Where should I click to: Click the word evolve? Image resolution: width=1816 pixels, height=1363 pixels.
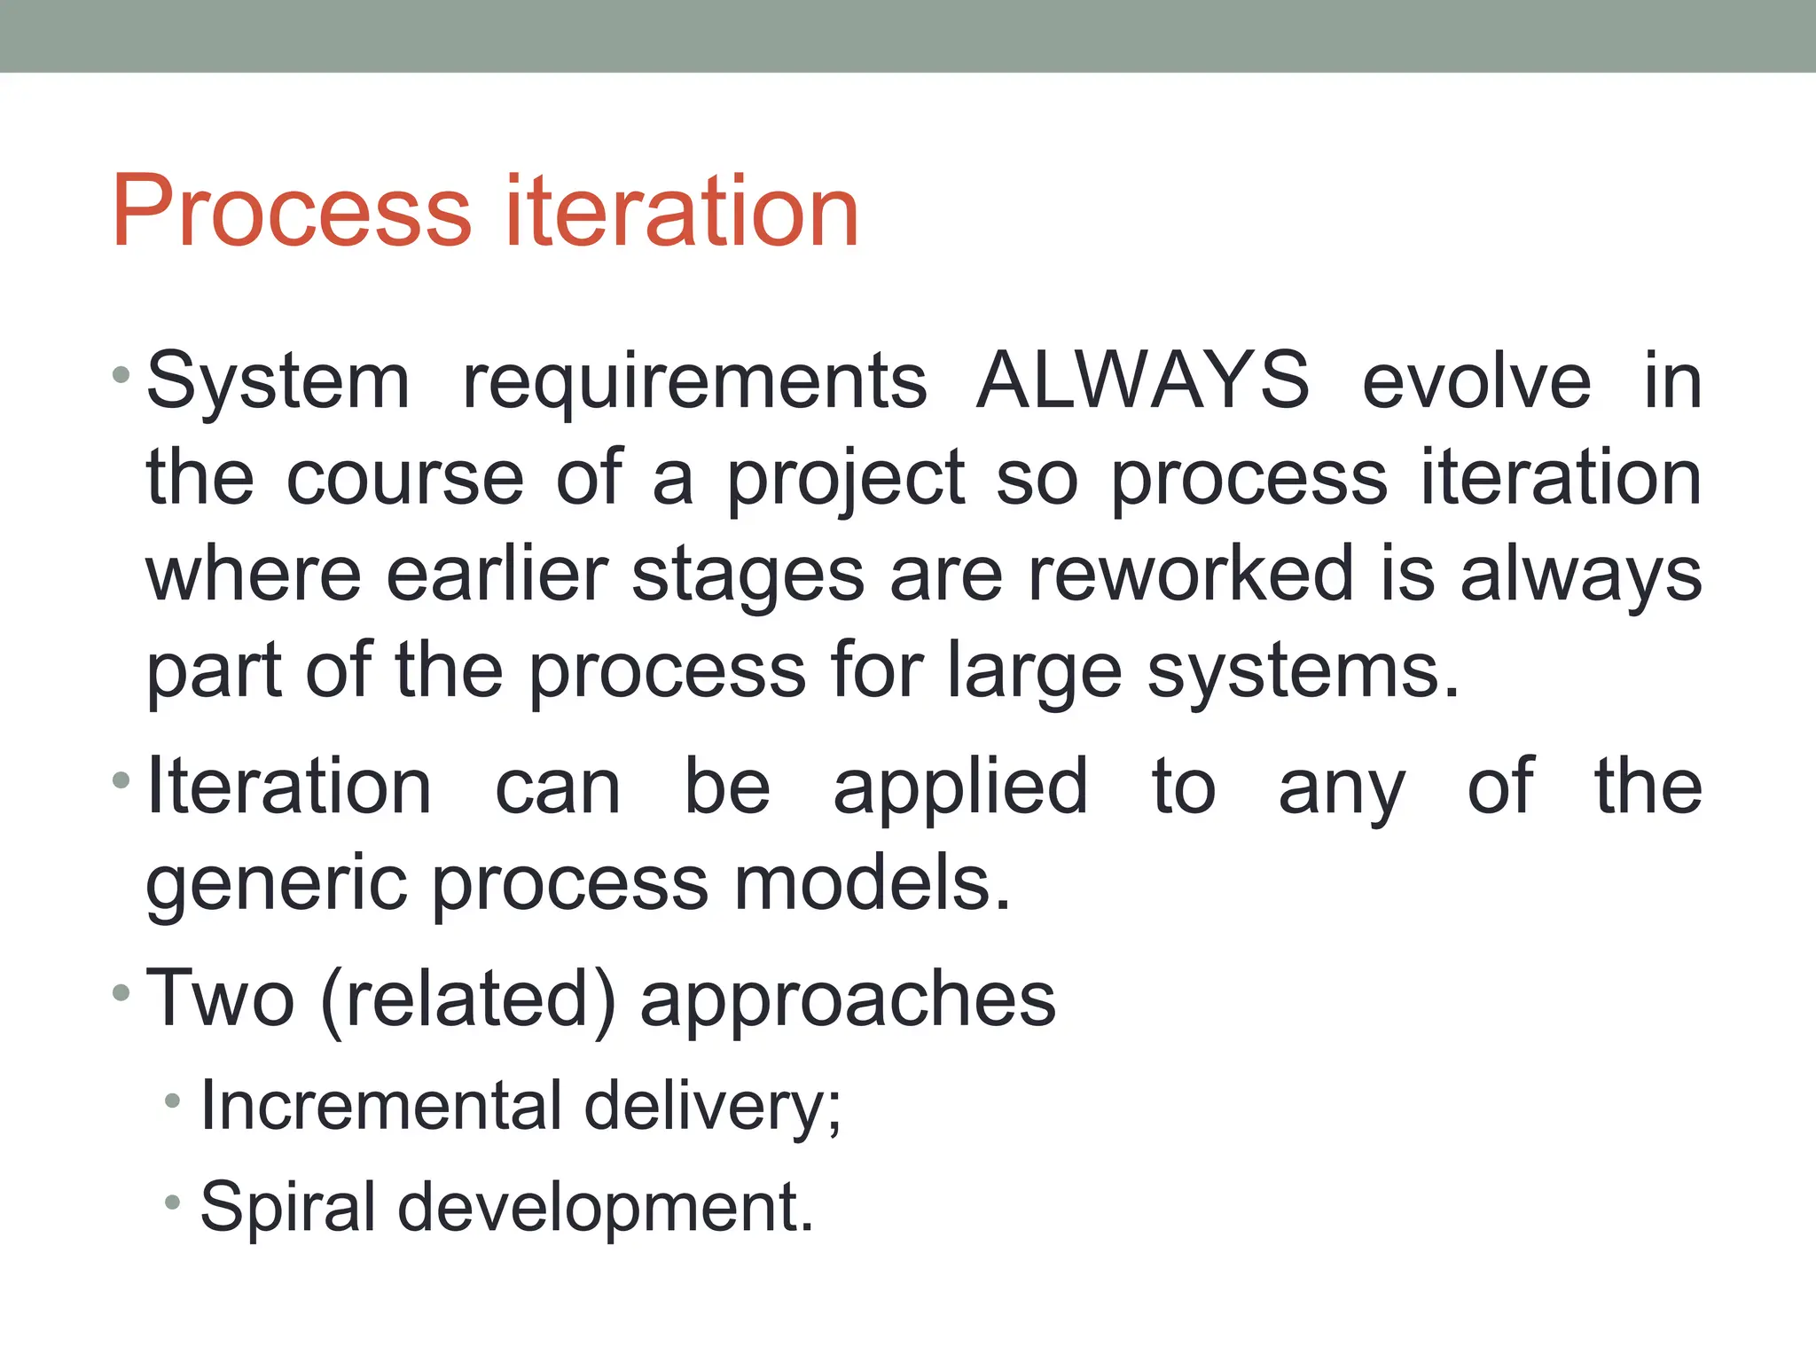[1476, 381]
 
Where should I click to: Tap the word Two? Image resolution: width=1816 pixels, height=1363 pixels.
[220, 999]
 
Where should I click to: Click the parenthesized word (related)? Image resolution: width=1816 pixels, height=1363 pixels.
[467, 1000]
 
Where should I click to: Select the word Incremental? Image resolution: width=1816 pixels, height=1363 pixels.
[380, 1105]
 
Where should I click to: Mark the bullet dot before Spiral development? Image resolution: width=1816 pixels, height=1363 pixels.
[173, 1203]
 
